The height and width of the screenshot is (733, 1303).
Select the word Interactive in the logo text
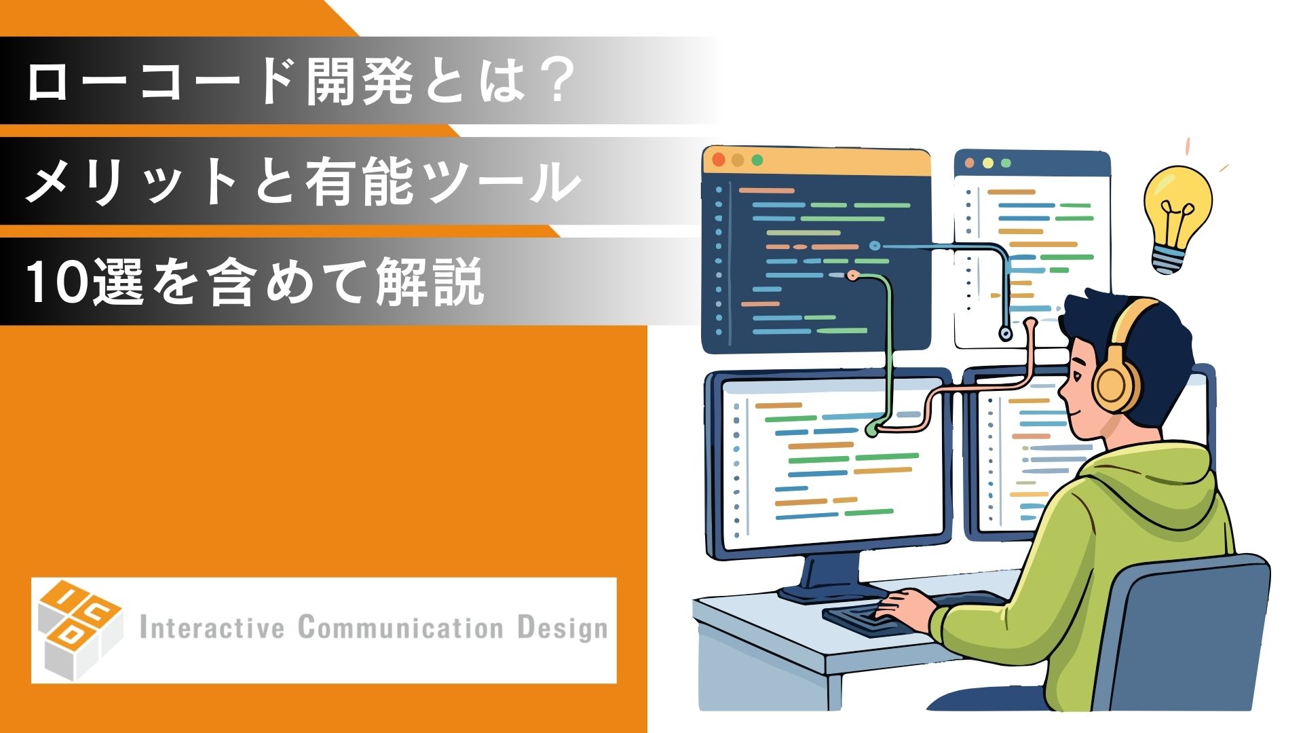click(x=211, y=627)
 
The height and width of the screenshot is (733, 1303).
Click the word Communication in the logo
click(x=400, y=627)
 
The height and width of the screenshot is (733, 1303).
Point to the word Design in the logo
click(x=563, y=628)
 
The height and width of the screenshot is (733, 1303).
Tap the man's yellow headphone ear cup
click(x=1116, y=386)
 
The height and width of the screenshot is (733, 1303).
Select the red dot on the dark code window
click(x=718, y=160)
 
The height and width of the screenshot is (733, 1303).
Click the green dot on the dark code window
click(x=757, y=160)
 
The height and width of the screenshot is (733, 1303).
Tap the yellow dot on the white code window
click(x=987, y=164)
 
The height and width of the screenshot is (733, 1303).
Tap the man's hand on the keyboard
click(x=906, y=603)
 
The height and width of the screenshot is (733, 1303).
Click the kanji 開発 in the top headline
click(x=360, y=82)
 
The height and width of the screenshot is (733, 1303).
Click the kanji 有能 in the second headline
click(x=360, y=182)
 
